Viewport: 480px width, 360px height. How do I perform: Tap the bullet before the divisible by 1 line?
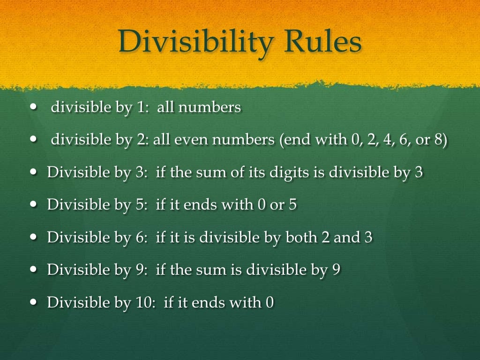click(x=32, y=107)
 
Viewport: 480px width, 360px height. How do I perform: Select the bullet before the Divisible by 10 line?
click(x=32, y=302)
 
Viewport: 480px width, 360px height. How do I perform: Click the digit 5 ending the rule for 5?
click(x=292, y=205)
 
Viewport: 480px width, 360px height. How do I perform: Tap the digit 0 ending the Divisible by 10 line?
click(x=269, y=302)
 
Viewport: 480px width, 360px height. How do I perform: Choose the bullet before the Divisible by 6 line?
click(x=32, y=237)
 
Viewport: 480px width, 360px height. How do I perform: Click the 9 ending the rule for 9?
click(x=336, y=270)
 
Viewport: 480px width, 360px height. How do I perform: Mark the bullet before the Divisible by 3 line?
click(x=32, y=172)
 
